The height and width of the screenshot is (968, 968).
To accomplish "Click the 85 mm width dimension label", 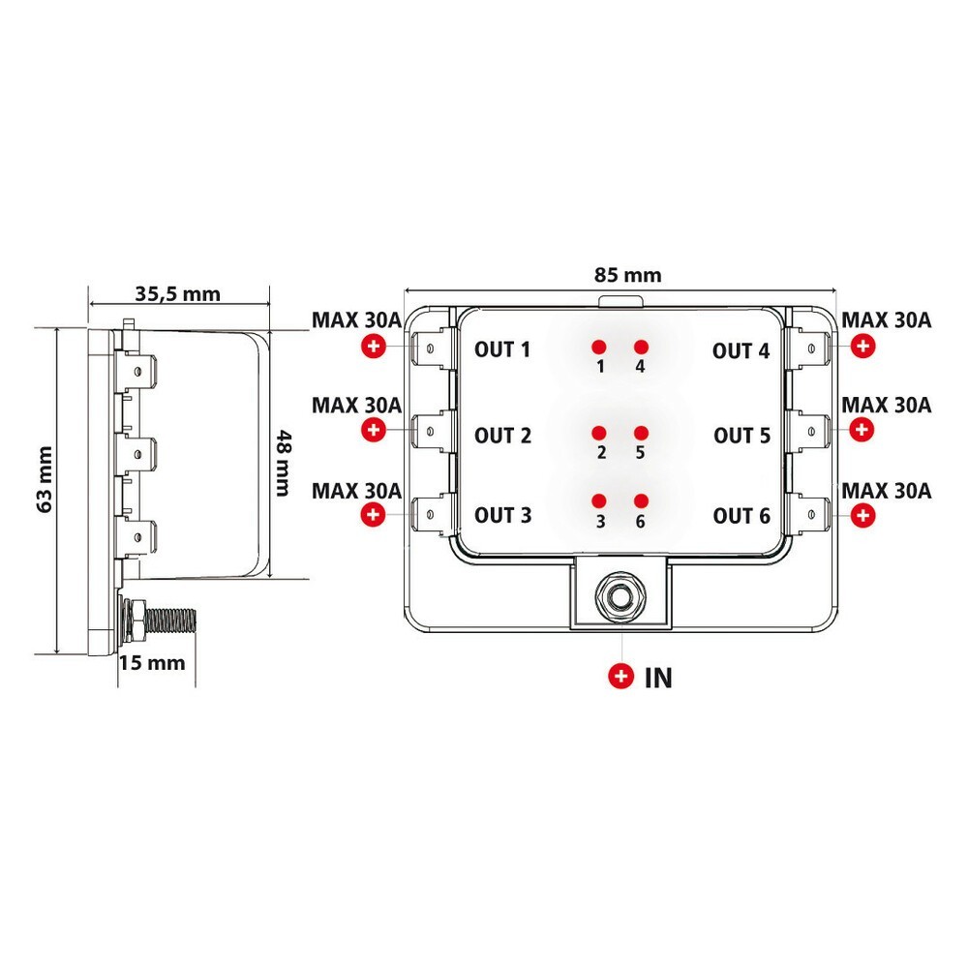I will pyautogui.click(x=628, y=275).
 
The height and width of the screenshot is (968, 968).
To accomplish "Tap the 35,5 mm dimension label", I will pyautogui.click(x=177, y=294).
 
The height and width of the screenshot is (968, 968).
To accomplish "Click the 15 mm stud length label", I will pyautogui.click(x=151, y=663).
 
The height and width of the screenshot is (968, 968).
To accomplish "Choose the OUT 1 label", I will pyautogui.click(x=502, y=349).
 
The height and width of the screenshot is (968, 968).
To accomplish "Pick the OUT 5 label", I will pyautogui.click(x=741, y=436).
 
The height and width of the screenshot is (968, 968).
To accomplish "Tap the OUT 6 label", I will pyautogui.click(x=741, y=515).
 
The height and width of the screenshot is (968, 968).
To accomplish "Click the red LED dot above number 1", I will pyautogui.click(x=599, y=346).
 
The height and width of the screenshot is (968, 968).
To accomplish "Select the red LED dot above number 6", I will pyautogui.click(x=640, y=500).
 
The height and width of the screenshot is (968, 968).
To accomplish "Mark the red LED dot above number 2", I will pyautogui.click(x=599, y=432).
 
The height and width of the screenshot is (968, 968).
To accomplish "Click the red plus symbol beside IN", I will pyautogui.click(x=620, y=677).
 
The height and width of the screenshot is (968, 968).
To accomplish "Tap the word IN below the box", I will pyautogui.click(x=658, y=678).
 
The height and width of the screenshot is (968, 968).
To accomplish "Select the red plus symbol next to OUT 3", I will pyautogui.click(x=373, y=515).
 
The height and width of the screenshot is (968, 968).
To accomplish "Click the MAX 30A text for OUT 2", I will pyautogui.click(x=356, y=405).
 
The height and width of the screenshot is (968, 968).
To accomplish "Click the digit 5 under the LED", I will pyautogui.click(x=640, y=452).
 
